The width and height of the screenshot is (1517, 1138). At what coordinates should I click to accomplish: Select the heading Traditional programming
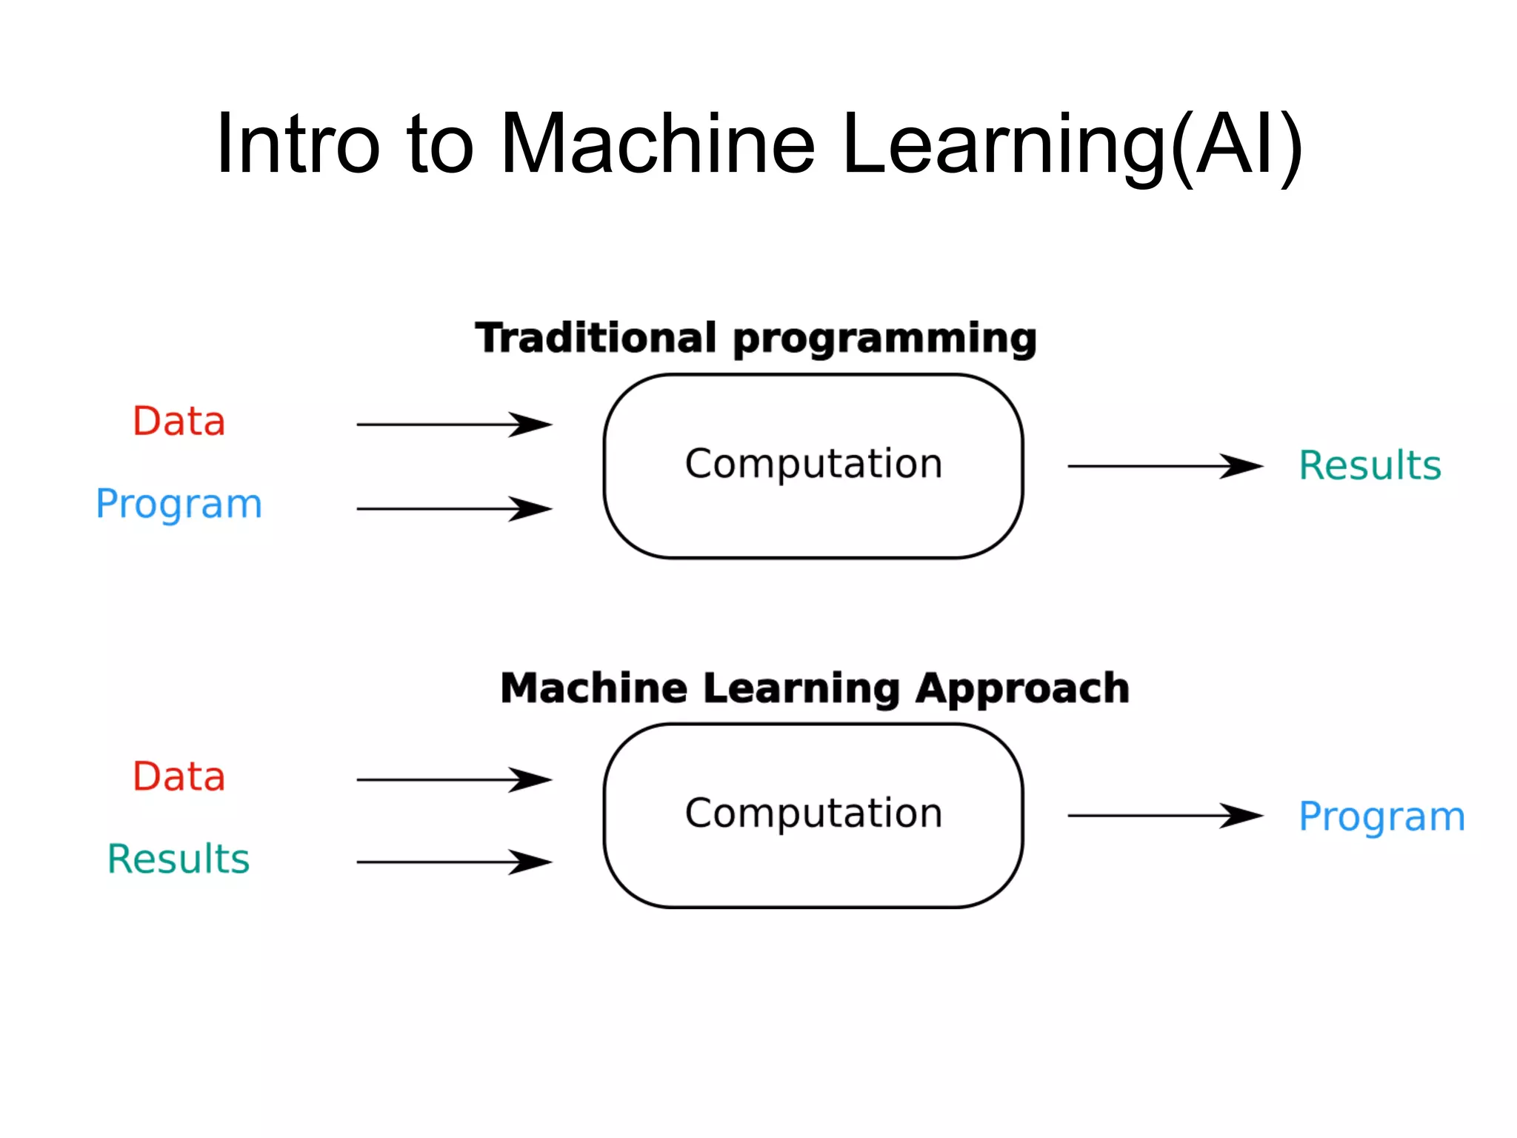(756, 339)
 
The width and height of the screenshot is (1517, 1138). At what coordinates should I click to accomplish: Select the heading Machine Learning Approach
(815, 688)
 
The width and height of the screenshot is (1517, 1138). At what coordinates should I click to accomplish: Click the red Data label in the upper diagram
(179, 422)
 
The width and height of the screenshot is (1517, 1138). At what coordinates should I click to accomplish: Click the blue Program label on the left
(179, 505)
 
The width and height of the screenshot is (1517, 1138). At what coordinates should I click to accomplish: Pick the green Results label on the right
(1370, 466)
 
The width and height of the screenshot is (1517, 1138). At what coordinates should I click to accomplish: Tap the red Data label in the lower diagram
(179, 776)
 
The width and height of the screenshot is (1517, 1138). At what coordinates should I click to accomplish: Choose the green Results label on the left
(179, 859)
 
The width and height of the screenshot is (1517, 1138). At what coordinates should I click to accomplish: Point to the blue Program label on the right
(1381, 817)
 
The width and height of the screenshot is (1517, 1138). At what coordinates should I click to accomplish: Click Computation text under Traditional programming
(813, 465)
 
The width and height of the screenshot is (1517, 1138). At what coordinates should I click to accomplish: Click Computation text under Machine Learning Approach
(813, 813)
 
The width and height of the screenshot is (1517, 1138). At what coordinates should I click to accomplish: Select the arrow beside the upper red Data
(453, 425)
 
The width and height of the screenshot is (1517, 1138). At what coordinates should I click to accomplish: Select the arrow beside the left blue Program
(453, 509)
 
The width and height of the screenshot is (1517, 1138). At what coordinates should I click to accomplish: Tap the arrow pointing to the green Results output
(1164, 466)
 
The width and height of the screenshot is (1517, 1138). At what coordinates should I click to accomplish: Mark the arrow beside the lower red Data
(453, 779)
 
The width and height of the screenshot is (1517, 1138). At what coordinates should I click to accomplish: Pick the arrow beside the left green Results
(453, 862)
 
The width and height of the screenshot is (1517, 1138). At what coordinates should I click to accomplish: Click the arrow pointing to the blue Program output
(1164, 816)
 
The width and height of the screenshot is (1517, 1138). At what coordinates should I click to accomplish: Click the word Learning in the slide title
(1004, 145)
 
